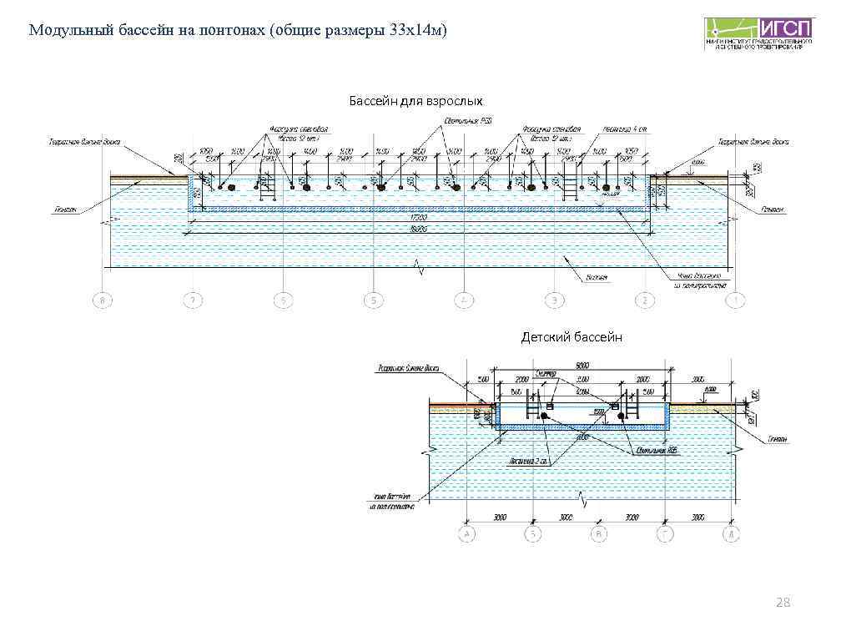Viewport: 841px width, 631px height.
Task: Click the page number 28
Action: (783, 603)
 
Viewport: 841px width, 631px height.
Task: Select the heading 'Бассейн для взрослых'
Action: (415, 101)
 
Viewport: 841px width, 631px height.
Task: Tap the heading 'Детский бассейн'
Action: (572, 337)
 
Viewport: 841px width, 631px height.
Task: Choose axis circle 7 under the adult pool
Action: (194, 300)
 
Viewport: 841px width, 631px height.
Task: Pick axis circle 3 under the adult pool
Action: (554, 300)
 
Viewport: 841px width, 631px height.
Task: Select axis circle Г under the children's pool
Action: (665, 533)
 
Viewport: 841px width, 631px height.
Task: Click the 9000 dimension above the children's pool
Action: (583, 365)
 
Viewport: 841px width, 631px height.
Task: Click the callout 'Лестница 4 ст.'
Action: (616, 131)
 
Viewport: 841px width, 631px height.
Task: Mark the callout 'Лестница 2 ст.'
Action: (526, 459)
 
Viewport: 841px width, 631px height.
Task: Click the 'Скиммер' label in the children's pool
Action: (546, 376)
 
